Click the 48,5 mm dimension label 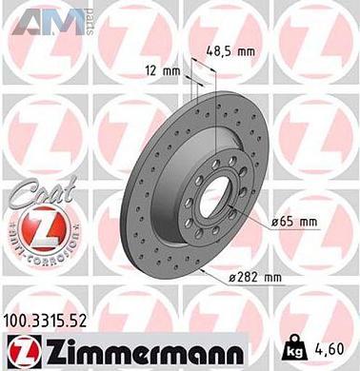tap(231, 51)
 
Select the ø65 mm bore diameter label tap(292, 222)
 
